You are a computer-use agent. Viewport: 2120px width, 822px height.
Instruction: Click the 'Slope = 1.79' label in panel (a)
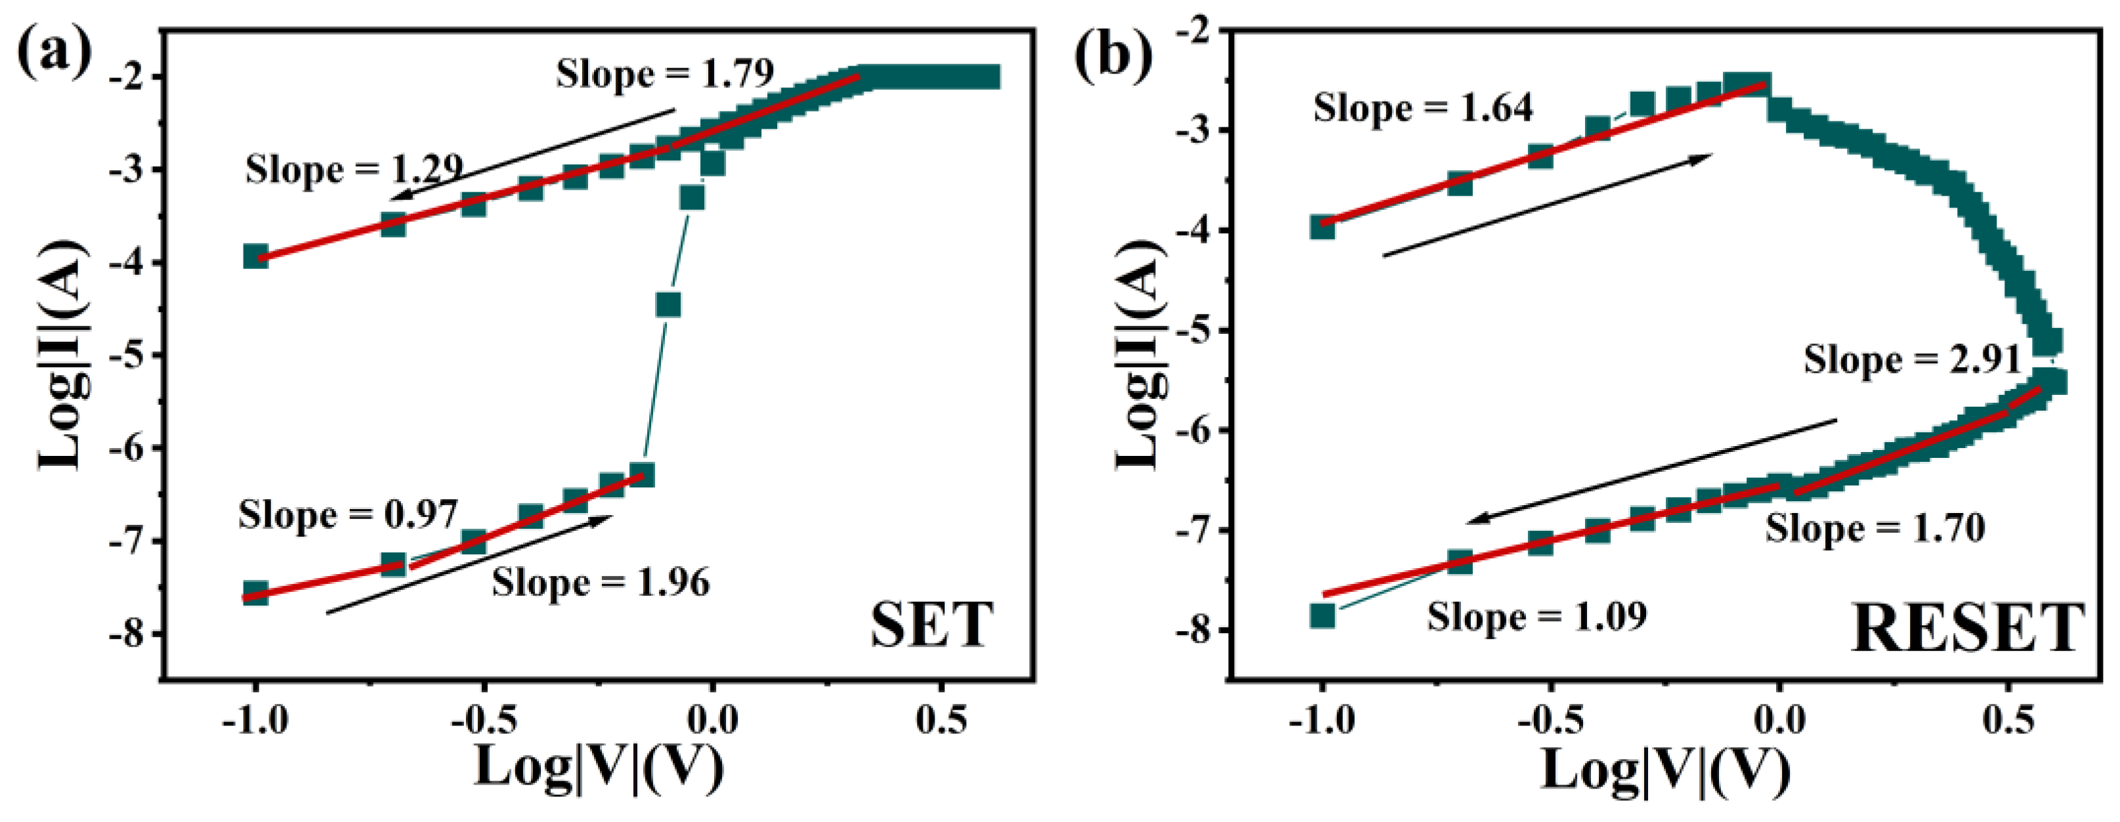(x=665, y=74)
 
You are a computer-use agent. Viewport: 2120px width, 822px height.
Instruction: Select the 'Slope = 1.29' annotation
(x=354, y=171)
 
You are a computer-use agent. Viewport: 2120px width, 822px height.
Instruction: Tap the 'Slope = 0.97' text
(x=347, y=516)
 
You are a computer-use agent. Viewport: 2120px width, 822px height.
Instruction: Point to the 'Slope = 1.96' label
(x=601, y=583)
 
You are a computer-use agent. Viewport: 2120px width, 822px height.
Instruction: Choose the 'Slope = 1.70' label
(x=1875, y=528)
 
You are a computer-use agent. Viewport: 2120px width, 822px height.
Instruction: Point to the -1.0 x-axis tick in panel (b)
(x=1321, y=722)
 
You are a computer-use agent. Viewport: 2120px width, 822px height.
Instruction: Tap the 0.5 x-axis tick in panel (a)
(x=941, y=722)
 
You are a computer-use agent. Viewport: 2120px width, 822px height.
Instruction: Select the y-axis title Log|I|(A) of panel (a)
(x=62, y=356)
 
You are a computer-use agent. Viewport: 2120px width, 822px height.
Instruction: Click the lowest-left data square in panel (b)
(x=1322, y=615)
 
